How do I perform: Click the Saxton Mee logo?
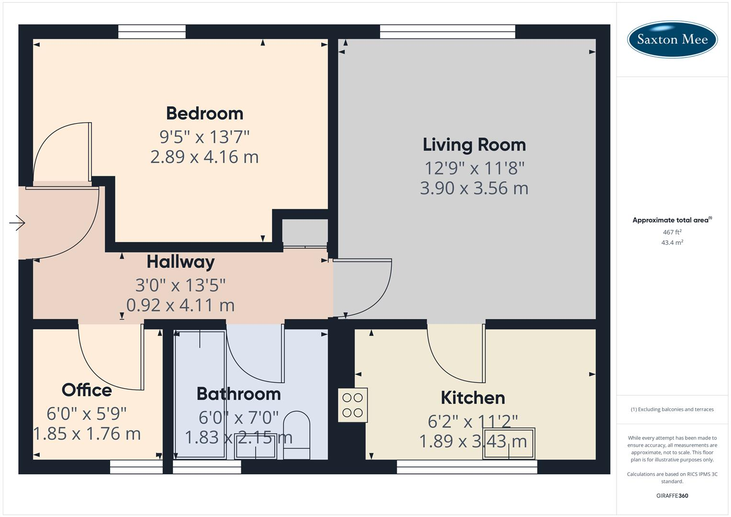point(672,39)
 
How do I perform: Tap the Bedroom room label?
point(204,113)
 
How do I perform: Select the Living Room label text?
point(474,145)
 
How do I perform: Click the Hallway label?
point(180,262)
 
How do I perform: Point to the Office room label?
point(87,390)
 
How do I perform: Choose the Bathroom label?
point(238,394)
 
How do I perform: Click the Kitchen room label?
point(472,398)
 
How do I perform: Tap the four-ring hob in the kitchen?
point(353,405)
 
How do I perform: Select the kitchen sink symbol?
point(509,444)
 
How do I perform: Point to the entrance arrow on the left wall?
point(17,223)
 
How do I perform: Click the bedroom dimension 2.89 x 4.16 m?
point(204,157)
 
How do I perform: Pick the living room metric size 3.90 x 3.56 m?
point(474,188)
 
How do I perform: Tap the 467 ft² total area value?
point(672,232)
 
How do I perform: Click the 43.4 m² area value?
point(672,243)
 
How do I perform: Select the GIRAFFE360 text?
point(672,496)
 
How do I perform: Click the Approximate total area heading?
point(671,220)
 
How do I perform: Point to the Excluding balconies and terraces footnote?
point(672,409)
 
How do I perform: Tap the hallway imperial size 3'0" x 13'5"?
point(180,285)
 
